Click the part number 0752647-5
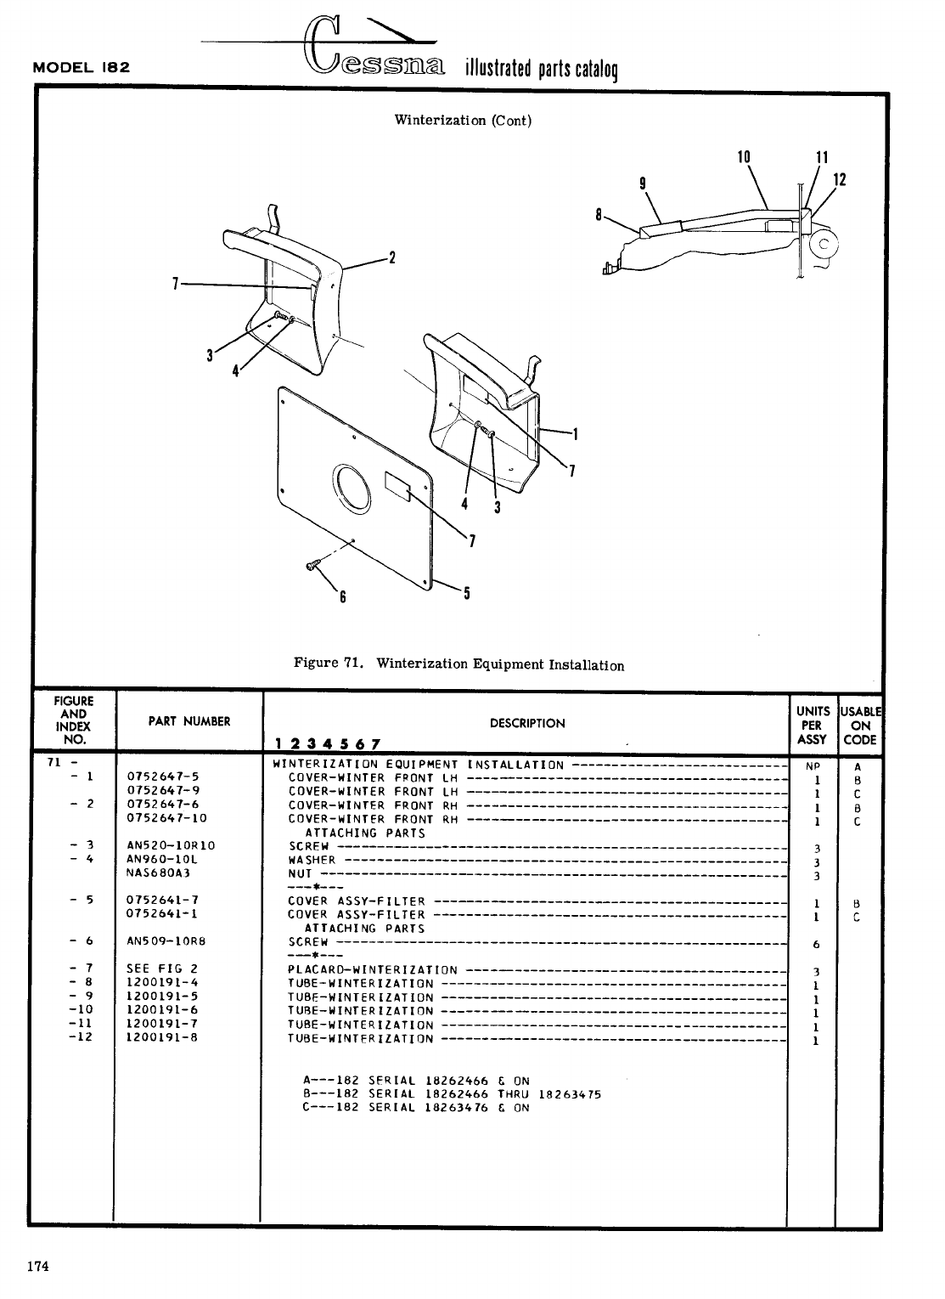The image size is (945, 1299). [x=163, y=777]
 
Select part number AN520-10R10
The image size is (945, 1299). [x=171, y=845]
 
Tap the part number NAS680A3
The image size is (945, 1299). [x=158, y=873]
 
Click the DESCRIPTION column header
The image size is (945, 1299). [x=527, y=724]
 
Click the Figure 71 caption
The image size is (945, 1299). [x=458, y=664]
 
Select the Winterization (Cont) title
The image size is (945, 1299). [x=463, y=120]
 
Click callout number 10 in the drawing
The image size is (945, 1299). [x=745, y=157]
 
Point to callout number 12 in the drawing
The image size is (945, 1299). [x=841, y=180]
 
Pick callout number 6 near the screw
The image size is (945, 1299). [x=343, y=597]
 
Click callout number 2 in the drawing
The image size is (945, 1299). [x=392, y=257]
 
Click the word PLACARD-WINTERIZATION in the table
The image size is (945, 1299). [x=373, y=969]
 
